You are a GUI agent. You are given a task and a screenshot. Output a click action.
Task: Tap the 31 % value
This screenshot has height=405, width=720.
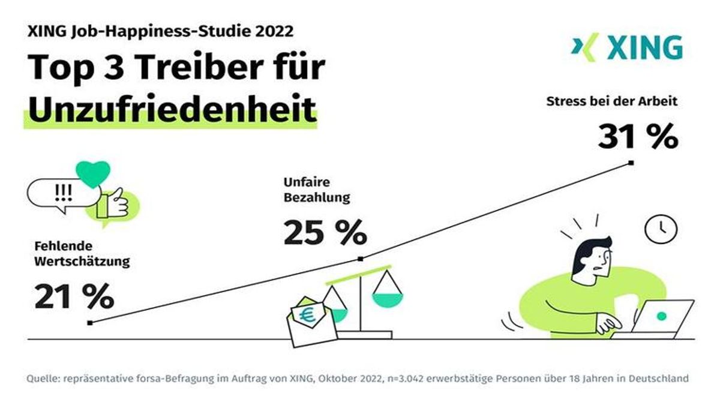point(638,137)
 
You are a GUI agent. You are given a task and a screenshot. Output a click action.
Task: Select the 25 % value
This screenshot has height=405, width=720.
point(325,233)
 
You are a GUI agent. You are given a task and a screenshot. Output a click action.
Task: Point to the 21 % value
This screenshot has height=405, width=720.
point(74,296)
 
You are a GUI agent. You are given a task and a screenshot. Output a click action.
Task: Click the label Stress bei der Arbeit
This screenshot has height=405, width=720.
point(611,101)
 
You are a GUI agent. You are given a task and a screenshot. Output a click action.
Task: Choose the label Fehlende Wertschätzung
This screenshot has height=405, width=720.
point(82,253)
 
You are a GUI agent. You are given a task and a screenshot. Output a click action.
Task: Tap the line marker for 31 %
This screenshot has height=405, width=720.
point(631,162)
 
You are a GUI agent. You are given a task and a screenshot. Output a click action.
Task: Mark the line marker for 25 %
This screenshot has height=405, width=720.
point(360,259)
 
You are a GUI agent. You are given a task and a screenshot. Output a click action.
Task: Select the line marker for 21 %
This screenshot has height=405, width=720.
point(89,323)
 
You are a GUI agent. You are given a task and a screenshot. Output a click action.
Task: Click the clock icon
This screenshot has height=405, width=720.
point(661,228)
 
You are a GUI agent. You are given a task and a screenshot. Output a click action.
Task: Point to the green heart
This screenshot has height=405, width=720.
point(94,174)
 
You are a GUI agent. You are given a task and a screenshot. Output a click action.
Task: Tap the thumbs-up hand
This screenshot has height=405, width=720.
point(114,202)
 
